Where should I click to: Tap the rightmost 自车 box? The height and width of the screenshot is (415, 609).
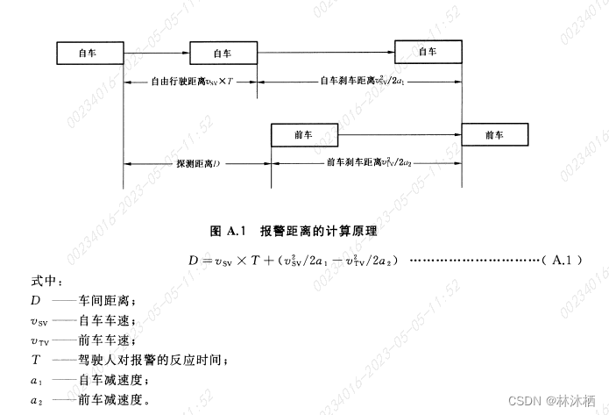pyautogui.click(x=428, y=52)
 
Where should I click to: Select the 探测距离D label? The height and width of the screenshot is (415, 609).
pyautogui.click(x=196, y=163)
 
